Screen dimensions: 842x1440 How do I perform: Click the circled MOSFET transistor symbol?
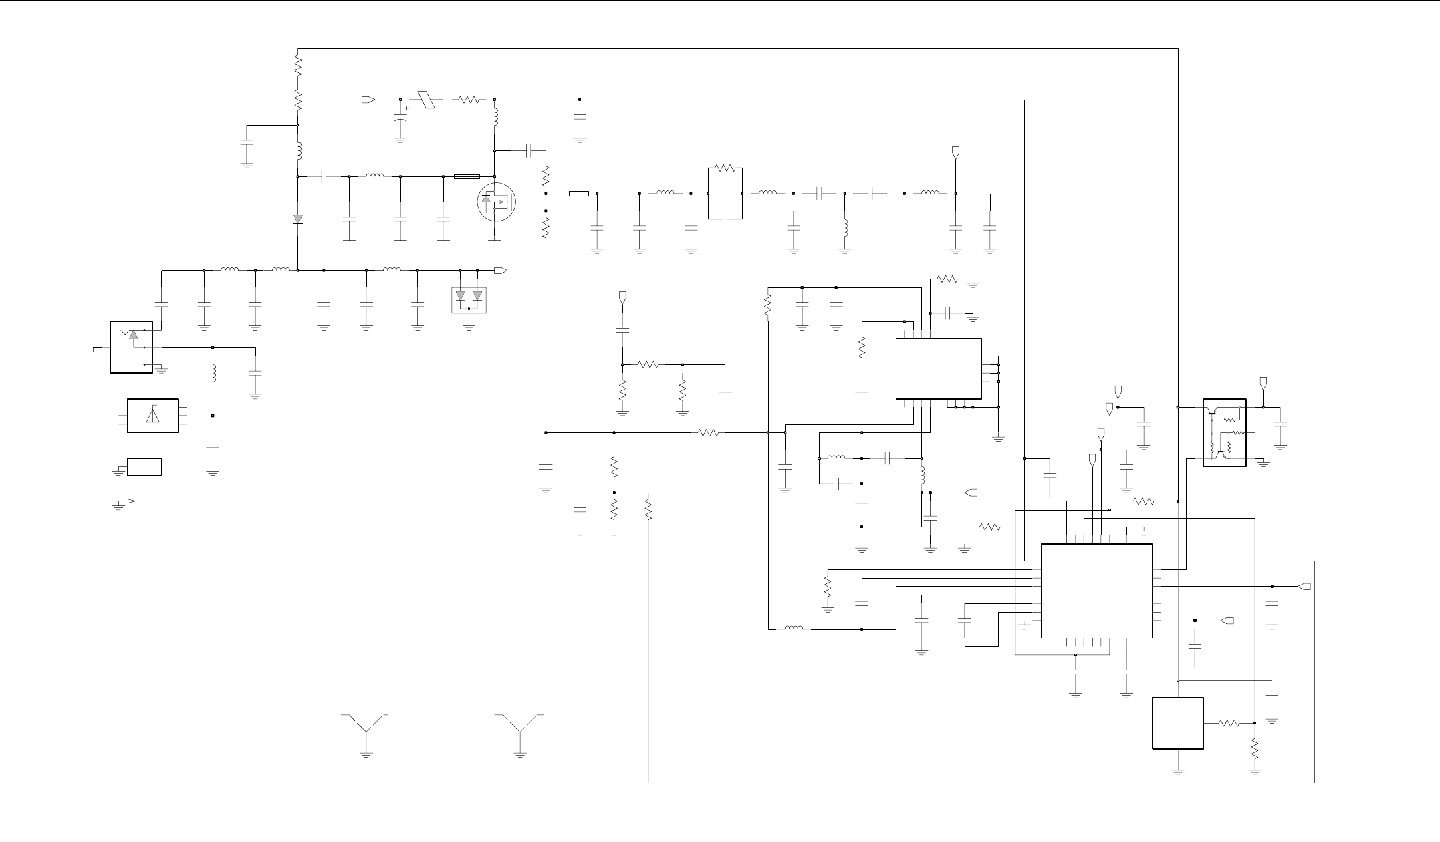point(496,201)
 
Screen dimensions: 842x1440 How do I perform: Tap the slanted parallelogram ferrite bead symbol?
point(426,100)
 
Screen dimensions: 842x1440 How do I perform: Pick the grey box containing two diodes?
point(469,300)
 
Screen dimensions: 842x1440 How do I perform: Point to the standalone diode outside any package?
point(298,219)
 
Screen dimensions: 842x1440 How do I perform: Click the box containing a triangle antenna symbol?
point(152,416)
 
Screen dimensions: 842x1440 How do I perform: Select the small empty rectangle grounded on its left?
point(144,466)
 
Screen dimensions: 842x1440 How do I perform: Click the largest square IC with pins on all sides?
point(1096,590)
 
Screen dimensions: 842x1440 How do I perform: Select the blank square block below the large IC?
point(1178,723)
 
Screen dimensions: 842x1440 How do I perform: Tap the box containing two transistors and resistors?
point(1225,432)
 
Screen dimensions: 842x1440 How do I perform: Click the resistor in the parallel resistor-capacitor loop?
point(725,168)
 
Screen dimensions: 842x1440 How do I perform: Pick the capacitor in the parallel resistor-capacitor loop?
point(725,219)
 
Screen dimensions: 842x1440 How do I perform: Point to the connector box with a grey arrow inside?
point(131,347)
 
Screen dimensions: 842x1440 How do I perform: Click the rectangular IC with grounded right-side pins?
point(939,369)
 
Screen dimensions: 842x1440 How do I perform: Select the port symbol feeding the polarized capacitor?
point(368,100)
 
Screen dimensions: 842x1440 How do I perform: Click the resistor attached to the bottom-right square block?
point(1229,723)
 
